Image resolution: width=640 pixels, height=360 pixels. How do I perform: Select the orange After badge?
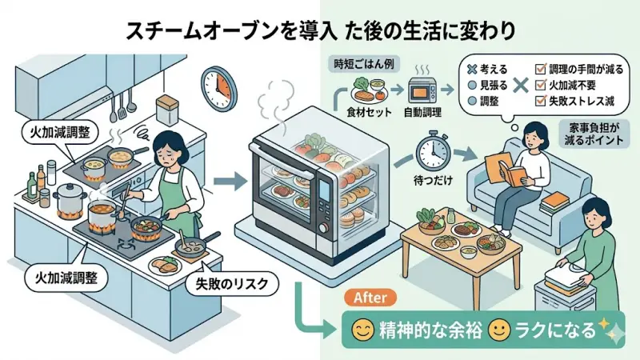[x=370, y=297]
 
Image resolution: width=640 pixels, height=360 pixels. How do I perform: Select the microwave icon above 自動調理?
[x=423, y=90]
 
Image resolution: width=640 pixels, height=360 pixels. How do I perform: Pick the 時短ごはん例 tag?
[x=359, y=62]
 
